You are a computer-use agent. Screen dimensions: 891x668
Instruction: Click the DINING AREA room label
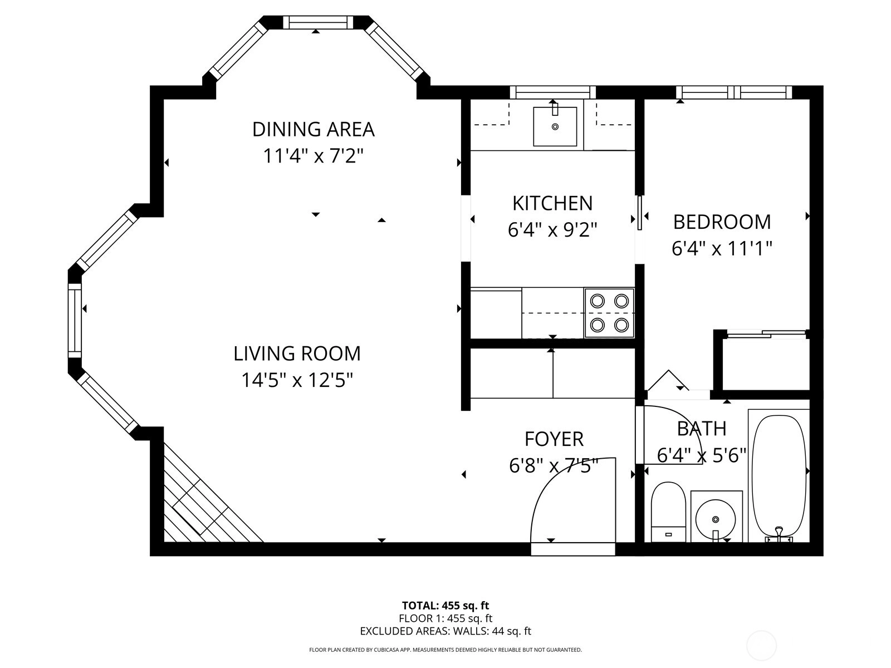pos(313,129)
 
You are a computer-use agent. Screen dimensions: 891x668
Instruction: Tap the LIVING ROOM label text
pos(297,353)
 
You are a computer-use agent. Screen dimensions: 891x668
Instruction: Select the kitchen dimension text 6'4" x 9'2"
pos(552,230)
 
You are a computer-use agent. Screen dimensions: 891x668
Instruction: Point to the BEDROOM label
pos(722,222)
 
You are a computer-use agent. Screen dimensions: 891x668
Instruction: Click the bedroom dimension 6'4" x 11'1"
pos(722,248)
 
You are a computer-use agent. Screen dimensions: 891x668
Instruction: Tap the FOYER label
pos(554,439)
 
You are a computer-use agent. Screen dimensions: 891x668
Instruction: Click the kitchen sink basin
pos(555,126)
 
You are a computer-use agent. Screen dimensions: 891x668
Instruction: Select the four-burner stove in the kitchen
pos(609,313)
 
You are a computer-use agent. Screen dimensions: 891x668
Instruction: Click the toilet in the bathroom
pos(668,512)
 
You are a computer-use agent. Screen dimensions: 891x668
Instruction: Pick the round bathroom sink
pos(715,519)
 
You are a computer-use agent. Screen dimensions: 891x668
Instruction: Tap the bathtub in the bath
pos(778,476)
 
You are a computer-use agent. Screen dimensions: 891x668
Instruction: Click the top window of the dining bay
pos(315,22)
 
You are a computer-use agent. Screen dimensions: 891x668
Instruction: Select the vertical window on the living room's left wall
pos(75,321)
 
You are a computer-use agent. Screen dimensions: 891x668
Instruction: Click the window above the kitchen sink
pos(552,92)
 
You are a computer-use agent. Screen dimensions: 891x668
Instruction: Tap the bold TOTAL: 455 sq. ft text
pos(445,606)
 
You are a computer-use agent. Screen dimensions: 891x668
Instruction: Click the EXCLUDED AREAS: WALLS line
pos(445,631)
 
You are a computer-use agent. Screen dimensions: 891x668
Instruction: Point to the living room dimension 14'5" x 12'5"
pos(297,380)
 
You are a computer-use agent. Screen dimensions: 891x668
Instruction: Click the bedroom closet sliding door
pos(766,334)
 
